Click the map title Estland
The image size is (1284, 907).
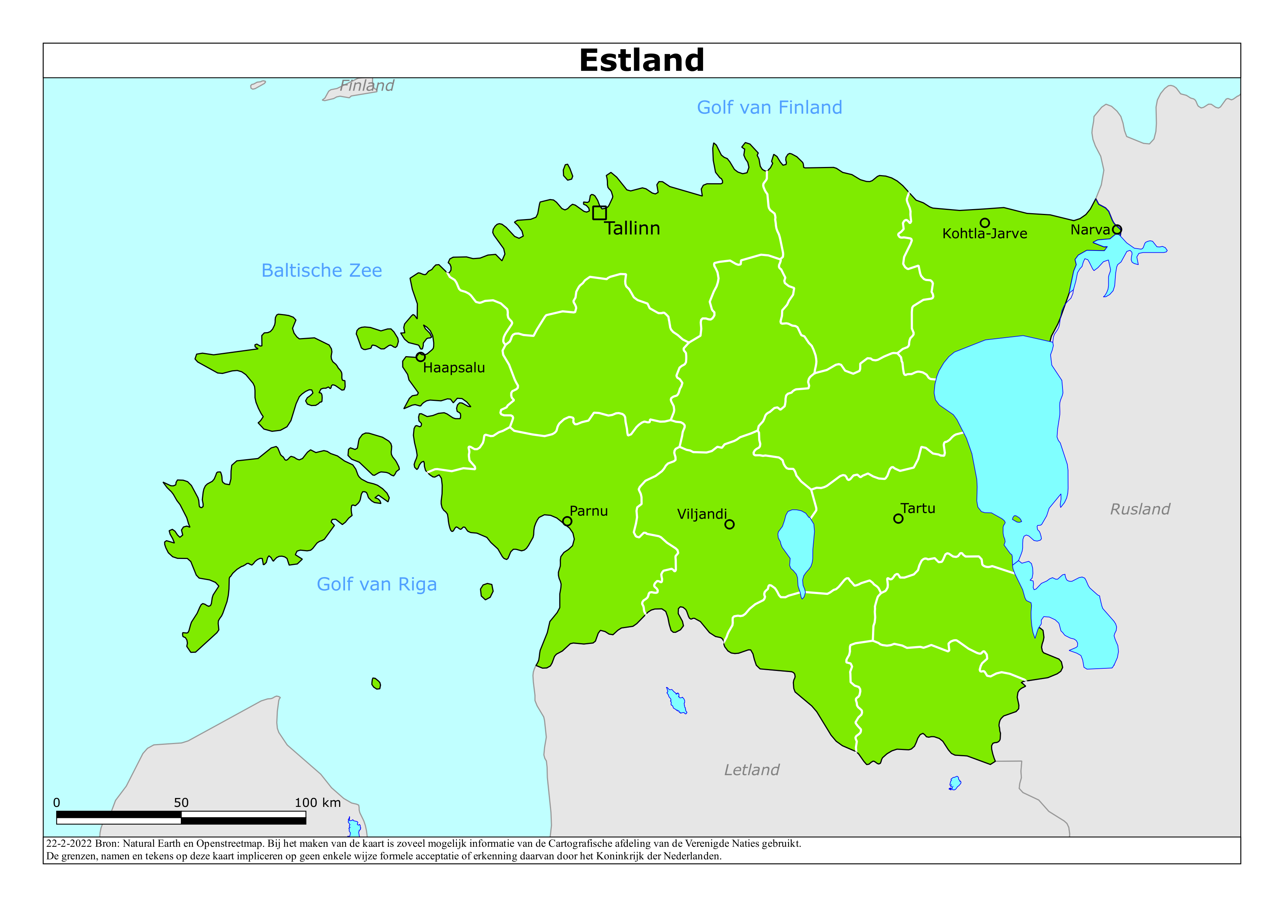pyautogui.click(x=641, y=60)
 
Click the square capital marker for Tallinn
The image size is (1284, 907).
pyautogui.click(x=599, y=213)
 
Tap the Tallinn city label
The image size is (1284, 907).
pyautogui.click(x=632, y=229)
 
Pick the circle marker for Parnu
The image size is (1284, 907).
pyautogui.click(x=567, y=521)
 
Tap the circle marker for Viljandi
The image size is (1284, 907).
pyautogui.click(x=729, y=524)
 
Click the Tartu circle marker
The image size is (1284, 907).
pyautogui.click(x=898, y=519)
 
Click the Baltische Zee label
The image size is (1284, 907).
pyautogui.click(x=322, y=270)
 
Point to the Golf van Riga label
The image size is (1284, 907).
pyautogui.click(x=376, y=584)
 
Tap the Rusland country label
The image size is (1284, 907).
pyautogui.click(x=1140, y=509)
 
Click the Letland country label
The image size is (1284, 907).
pyautogui.click(x=751, y=770)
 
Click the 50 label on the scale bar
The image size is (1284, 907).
pyautogui.click(x=181, y=802)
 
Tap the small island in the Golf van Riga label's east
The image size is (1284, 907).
pyautogui.click(x=487, y=591)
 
